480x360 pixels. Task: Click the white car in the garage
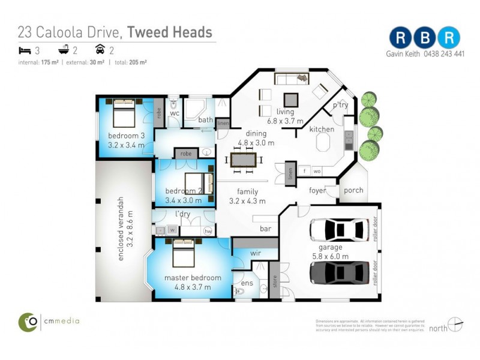(x=339, y=229)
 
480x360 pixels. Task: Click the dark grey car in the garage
(x=339, y=272)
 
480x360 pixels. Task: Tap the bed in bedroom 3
(x=124, y=112)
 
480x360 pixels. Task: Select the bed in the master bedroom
(x=184, y=254)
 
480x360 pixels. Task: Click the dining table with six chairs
(x=243, y=160)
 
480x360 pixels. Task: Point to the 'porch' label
(x=354, y=190)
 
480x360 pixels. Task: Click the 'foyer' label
(x=317, y=191)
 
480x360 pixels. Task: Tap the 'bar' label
(x=265, y=229)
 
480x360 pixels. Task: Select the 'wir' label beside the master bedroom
(x=254, y=254)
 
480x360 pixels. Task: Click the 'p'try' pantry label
(x=340, y=106)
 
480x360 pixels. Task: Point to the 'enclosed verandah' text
(x=121, y=229)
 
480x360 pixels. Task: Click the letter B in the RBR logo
(x=424, y=37)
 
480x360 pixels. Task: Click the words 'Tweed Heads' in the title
(x=170, y=32)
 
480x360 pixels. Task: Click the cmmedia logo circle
(x=28, y=322)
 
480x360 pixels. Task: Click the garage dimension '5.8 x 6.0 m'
(x=329, y=256)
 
